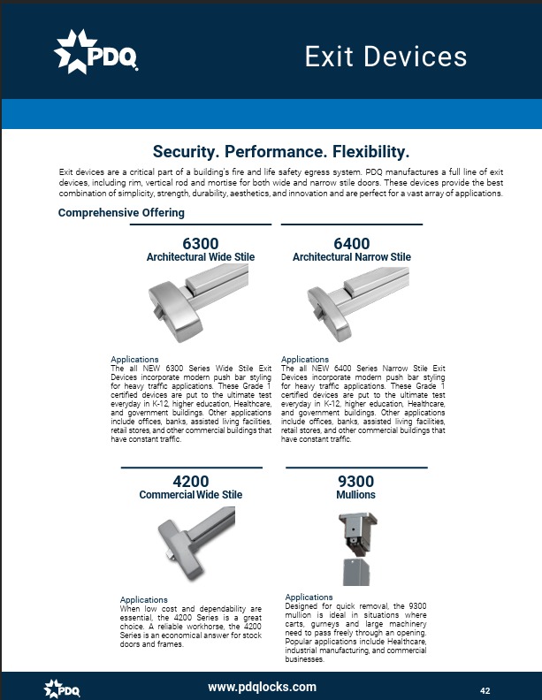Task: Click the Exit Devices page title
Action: tap(386, 57)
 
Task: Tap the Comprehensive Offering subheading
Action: tap(121, 213)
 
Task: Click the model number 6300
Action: tap(201, 243)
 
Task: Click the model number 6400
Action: tap(351, 243)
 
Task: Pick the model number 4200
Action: tap(191, 482)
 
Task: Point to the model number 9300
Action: tap(356, 482)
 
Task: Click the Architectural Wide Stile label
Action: tap(201, 257)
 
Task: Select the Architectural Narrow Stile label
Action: tap(351, 257)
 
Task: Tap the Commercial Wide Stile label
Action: tap(191, 495)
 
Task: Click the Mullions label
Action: tap(356, 495)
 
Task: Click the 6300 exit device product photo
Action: tap(200, 301)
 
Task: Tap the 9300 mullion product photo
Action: tap(356, 548)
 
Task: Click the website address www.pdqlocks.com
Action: tap(262, 687)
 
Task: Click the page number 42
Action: tap(485, 690)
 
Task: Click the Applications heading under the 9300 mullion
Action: tap(309, 597)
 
